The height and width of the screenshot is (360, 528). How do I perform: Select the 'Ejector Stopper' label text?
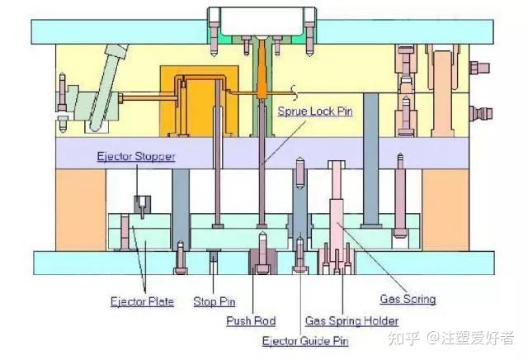pos(135,156)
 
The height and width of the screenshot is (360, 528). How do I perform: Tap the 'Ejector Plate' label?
pos(142,301)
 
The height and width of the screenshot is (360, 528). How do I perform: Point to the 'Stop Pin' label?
pos(214,301)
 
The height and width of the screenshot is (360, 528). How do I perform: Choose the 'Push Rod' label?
pos(251,320)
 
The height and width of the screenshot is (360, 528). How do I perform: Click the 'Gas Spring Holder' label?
pos(352,320)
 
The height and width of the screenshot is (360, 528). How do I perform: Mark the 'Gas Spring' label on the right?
pos(408,299)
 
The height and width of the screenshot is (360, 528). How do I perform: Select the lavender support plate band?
pos(264,153)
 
